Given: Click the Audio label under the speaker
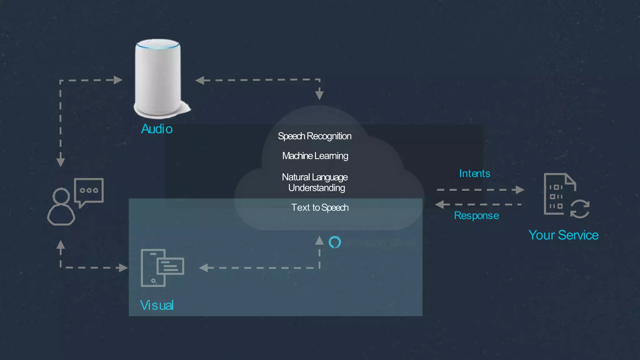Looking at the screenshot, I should click(157, 129).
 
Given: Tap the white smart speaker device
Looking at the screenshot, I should click(158, 78).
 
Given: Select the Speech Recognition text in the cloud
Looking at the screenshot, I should click(314, 136).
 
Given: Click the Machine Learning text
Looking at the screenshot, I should click(315, 156).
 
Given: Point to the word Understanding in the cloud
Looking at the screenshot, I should click(316, 188).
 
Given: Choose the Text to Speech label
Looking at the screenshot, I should click(320, 207).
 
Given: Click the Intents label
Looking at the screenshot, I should click(474, 173).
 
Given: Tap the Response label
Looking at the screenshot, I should click(476, 216).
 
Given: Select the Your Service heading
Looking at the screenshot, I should click(563, 235).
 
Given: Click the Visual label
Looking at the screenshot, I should click(157, 305).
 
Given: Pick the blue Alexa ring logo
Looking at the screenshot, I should click(335, 242).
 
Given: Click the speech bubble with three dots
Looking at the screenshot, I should click(89, 190).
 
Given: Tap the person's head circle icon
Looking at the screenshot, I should click(61, 196).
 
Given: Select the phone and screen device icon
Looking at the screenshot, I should click(162, 268).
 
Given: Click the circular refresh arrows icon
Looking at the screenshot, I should click(580, 209).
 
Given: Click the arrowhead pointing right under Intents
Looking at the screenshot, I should click(520, 190).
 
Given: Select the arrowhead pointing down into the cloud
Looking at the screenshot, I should click(319, 94).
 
